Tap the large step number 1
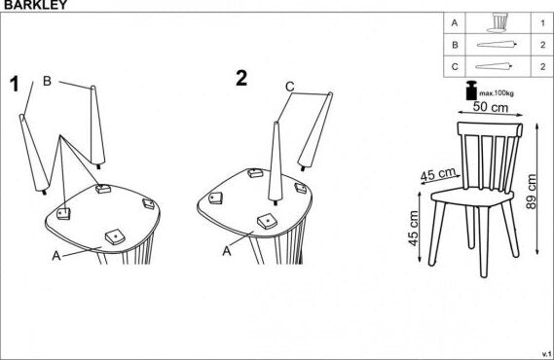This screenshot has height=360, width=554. tap(14, 84)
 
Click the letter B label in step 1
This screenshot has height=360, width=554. tap(47, 81)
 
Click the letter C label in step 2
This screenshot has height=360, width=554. tap(290, 87)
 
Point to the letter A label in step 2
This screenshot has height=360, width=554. tap(226, 249)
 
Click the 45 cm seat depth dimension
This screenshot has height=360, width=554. tap(438, 175)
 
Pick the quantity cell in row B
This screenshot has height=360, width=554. tap(540, 45)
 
